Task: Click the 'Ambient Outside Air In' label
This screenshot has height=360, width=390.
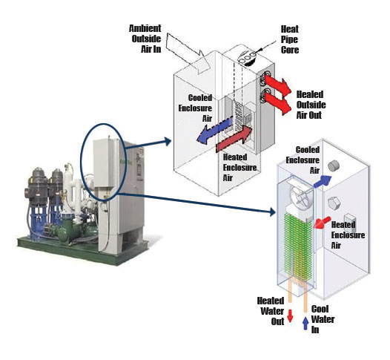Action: (x=145, y=39)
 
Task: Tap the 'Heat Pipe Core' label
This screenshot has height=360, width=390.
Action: (x=290, y=39)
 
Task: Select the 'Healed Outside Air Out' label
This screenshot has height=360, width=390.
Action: (x=311, y=105)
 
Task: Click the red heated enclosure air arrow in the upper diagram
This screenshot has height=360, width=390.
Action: (x=234, y=139)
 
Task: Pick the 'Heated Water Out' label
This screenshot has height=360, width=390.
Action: (x=271, y=311)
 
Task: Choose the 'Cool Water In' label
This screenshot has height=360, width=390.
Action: (x=323, y=319)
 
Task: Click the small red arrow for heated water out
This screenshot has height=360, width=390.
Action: (x=290, y=316)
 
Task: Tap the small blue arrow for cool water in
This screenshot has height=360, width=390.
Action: (x=305, y=324)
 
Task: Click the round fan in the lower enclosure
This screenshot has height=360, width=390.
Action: (x=301, y=196)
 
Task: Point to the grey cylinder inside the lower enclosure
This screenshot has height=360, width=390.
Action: (x=334, y=166)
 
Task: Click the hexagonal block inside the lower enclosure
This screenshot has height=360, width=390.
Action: (x=334, y=203)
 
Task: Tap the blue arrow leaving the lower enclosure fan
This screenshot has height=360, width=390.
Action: (x=323, y=181)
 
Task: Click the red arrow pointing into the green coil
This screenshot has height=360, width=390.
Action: (x=322, y=223)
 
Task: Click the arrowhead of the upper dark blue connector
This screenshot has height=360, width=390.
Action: (x=168, y=142)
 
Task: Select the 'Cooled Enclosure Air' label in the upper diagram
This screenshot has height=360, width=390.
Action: (x=195, y=108)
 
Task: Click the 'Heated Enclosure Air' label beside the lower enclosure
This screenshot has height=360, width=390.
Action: (x=348, y=235)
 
